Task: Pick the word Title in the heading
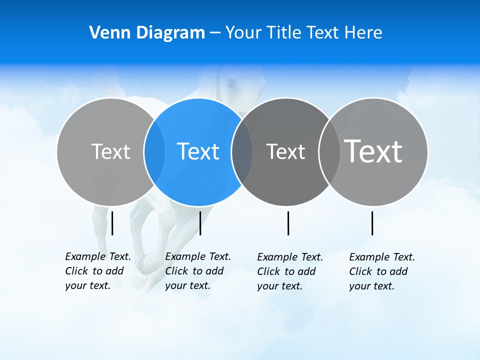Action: click(283, 32)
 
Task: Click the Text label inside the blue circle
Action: click(198, 151)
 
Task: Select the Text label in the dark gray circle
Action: click(285, 151)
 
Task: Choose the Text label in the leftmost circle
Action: click(110, 151)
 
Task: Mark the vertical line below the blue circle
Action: click(200, 223)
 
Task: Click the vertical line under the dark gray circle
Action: click(288, 223)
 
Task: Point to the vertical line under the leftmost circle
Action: click(112, 223)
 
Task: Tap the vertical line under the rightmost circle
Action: click(372, 223)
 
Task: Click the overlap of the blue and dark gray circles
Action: click(242, 151)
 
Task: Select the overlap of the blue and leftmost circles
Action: click(154, 151)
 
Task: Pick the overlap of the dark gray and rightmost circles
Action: click(329, 151)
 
